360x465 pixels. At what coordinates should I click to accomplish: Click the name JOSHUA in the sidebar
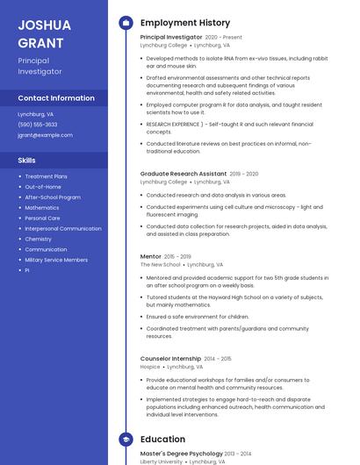(43, 25)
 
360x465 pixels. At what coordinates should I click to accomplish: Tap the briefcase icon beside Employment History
(126, 23)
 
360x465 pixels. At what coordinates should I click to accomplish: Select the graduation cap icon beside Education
(126, 440)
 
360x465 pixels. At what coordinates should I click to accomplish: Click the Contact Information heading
(56, 98)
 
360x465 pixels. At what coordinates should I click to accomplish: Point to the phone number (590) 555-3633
(38, 125)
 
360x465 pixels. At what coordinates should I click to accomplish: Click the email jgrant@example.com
(45, 135)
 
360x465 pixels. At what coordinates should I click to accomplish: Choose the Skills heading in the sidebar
(27, 161)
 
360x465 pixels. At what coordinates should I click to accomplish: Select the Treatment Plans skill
(46, 176)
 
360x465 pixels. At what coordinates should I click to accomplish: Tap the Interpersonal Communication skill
(63, 228)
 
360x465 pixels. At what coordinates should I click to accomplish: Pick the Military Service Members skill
(56, 260)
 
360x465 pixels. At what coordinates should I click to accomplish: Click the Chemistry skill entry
(38, 239)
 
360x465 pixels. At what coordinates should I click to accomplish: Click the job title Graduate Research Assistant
(183, 174)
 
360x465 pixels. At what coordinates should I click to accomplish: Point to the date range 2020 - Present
(223, 38)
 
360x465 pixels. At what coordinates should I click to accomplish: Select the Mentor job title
(151, 256)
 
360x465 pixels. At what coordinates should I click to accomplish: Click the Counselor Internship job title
(171, 359)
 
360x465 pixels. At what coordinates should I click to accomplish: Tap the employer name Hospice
(150, 367)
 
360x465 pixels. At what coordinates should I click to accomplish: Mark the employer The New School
(160, 264)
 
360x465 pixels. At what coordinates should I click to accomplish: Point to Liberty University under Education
(162, 461)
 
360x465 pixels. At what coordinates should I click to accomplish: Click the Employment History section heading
(185, 23)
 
